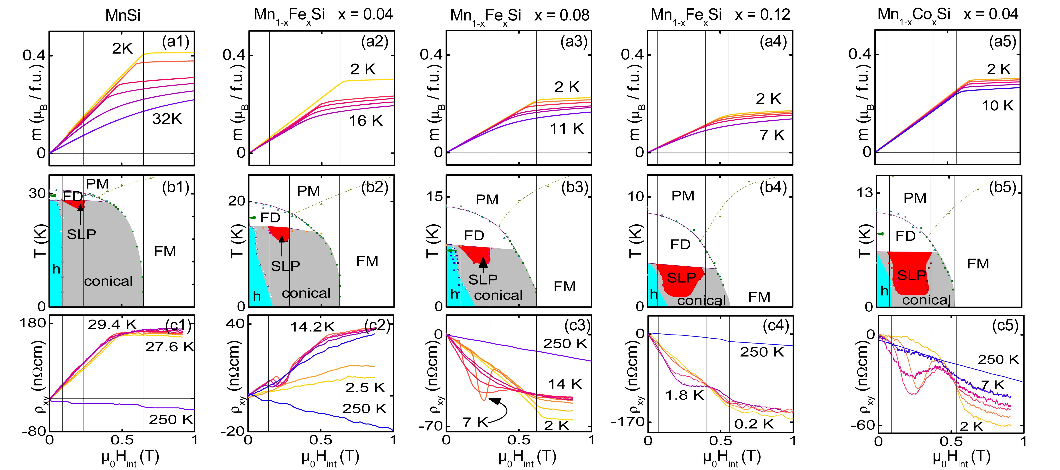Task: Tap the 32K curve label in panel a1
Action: click(x=167, y=119)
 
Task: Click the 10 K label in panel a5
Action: click(x=998, y=106)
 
